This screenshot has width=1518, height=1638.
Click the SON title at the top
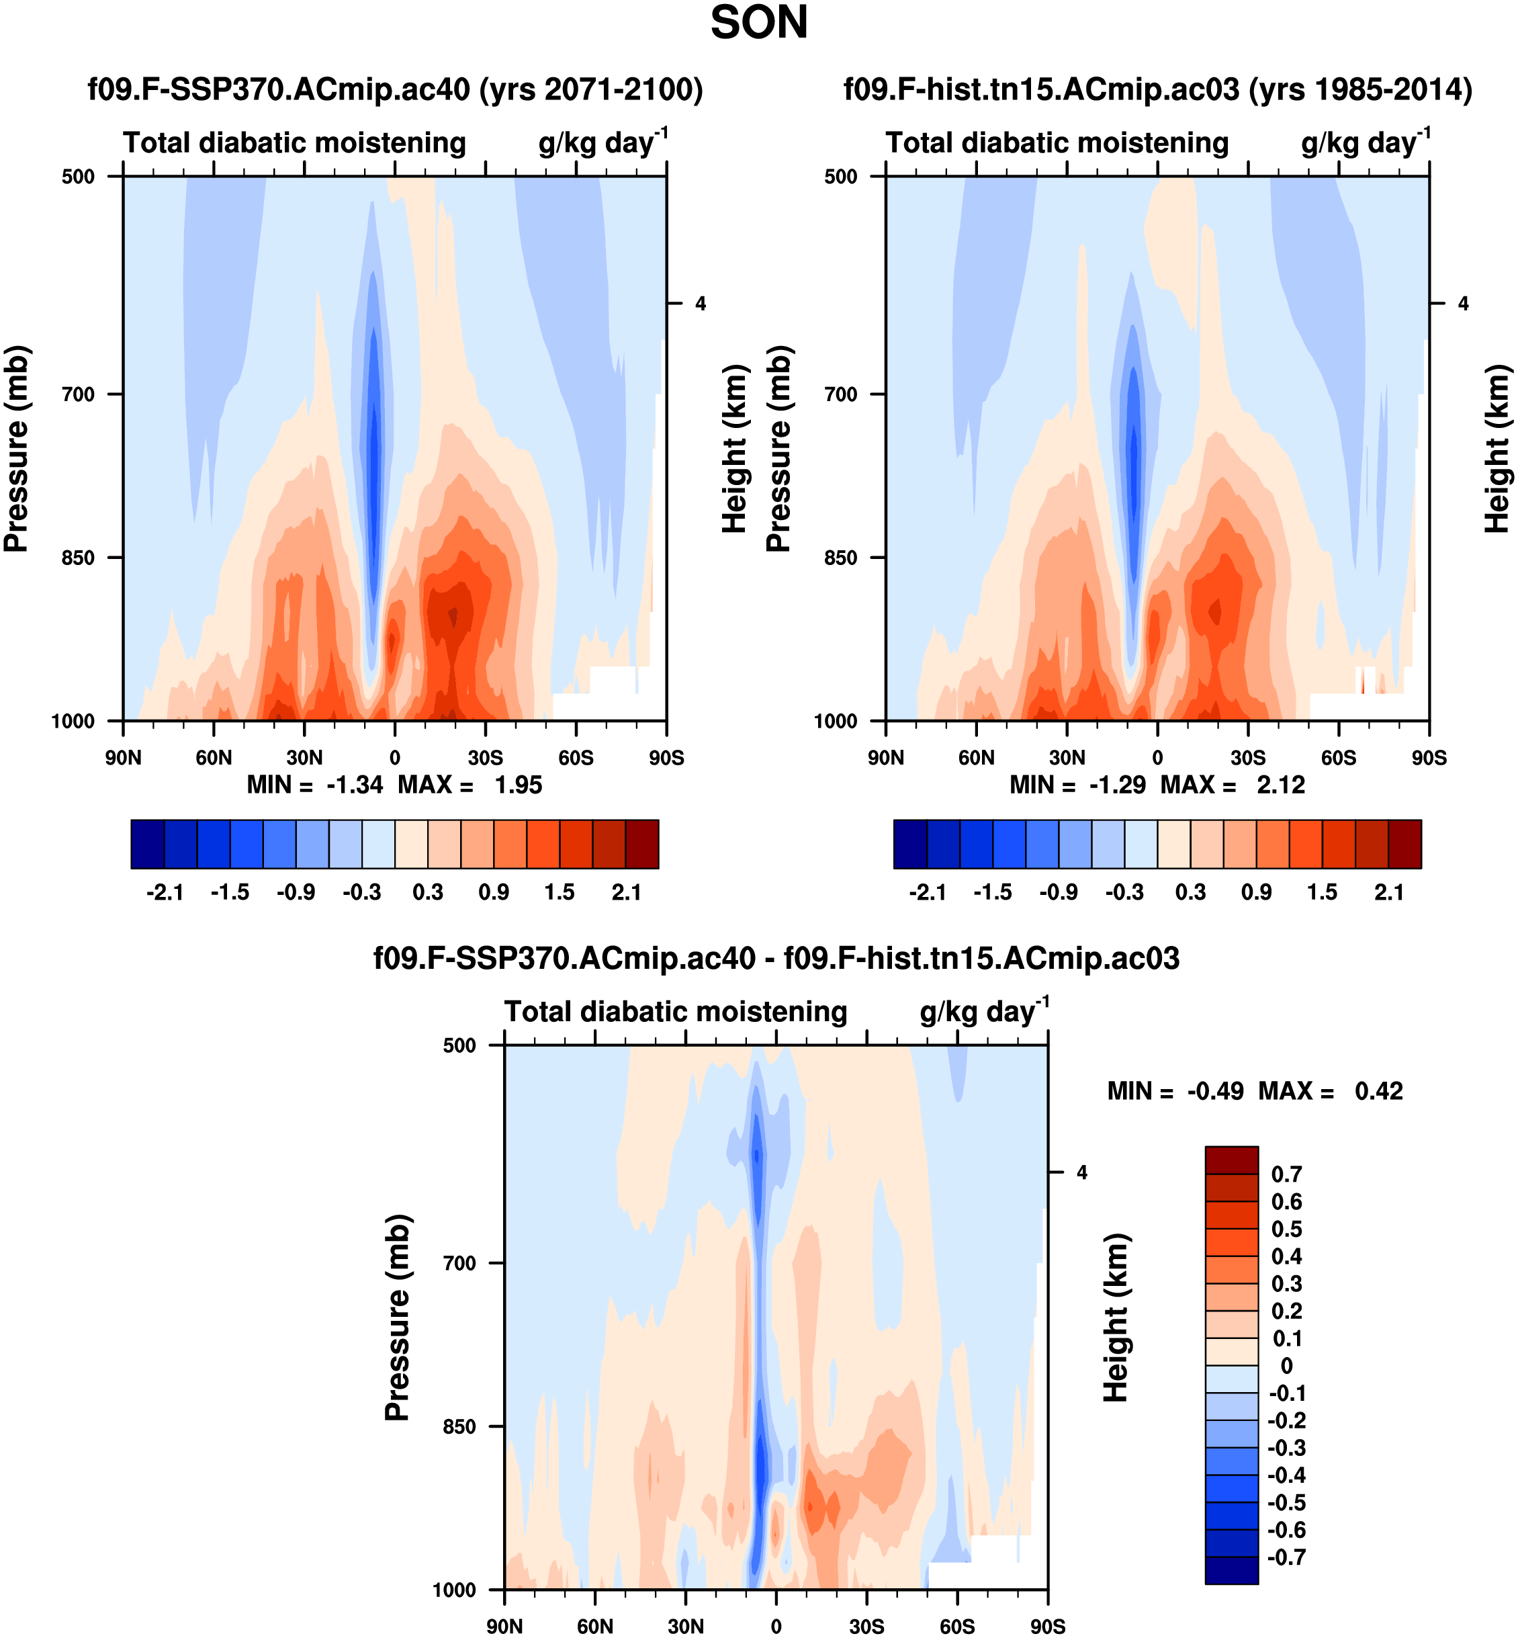click(x=758, y=23)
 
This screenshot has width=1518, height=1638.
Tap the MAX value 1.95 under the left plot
click(x=519, y=785)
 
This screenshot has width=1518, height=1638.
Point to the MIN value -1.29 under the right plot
click(x=1117, y=785)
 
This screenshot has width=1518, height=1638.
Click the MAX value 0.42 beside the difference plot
click(x=1378, y=1092)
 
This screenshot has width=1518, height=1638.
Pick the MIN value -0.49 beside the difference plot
click(x=1215, y=1092)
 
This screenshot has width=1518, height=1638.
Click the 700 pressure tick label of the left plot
click(x=78, y=394)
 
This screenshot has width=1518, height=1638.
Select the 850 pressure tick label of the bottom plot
click(x=459, y=1427)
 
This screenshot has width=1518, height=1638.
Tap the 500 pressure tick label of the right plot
click(x=840, y=177)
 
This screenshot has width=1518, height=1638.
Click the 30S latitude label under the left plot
click(x=486, y=757)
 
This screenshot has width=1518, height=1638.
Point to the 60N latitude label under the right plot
click(x=976, y=757)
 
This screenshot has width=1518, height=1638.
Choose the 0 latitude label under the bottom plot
click(x=776, y=1627)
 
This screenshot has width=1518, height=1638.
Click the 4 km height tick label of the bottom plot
click(x=1082, y=1173)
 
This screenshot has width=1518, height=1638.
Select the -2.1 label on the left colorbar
click(x=165, y=893)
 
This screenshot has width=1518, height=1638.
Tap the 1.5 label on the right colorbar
click(x=1322, y=893)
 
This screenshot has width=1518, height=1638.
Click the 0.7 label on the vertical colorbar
click(x=1286, y=1174)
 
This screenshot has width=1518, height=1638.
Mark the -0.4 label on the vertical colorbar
click(x=1286, y=1475)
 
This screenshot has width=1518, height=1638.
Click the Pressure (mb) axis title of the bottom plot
click(x=397, y=1318)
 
